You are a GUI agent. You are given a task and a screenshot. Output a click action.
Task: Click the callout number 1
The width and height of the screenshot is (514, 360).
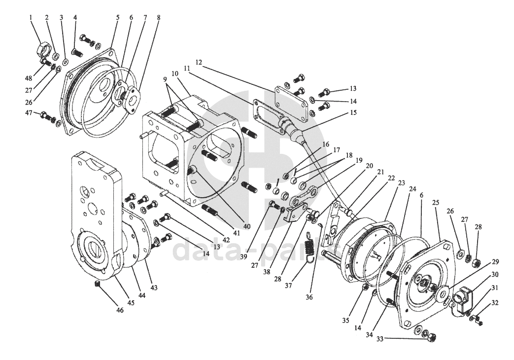[31, 17]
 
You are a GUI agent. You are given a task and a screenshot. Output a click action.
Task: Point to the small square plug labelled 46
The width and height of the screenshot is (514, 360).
[98, 284]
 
